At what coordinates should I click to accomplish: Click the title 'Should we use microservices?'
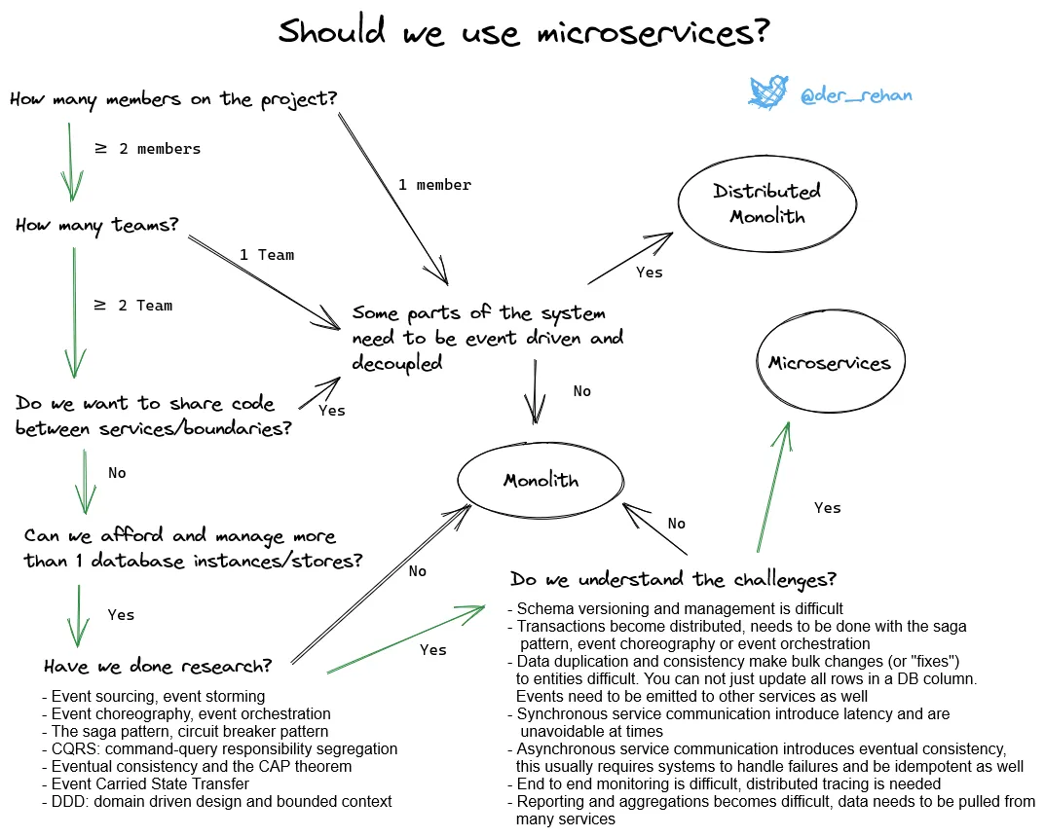click(x=523, y=31)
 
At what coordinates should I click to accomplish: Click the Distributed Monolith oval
click(x=766, y=203)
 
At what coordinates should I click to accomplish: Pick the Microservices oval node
click(x=829, y=364)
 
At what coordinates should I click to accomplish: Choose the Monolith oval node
click(x=541, y=480)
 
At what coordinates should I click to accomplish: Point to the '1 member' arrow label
click(x=434, y=185)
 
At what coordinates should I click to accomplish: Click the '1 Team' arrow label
click(x=267, y=255)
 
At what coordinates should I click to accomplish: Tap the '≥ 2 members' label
click(x=147, y=149)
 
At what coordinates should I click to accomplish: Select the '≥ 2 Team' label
click(x=133, y=306)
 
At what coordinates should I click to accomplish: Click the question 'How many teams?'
click(x=97, y=225)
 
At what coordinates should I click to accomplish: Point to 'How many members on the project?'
click(x=173, y=98)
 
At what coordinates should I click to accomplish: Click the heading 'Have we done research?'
click(x=157, y=667)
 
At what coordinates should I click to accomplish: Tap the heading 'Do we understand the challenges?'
click(x=673, y=580)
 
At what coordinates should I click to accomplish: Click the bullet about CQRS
click(x=220, y=749)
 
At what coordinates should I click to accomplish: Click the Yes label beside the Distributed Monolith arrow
click(x=649, y=273)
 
